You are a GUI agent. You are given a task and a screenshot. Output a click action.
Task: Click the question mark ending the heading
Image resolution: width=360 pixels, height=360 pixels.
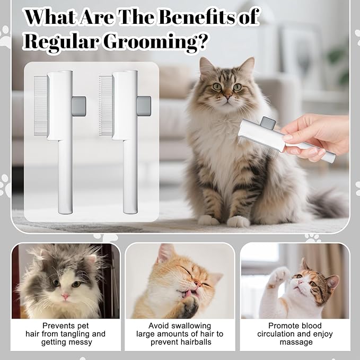[x=200, y=43]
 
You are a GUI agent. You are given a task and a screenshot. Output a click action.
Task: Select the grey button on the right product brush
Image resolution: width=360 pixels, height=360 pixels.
[x=143, y=106]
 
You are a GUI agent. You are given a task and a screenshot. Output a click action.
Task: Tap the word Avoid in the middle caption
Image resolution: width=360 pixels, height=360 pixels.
[x=159, y=326]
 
